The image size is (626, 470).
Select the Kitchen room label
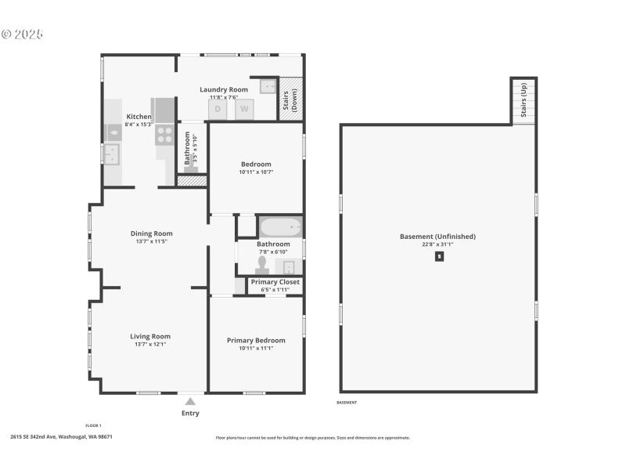pyautogui.click(x=139, y=117)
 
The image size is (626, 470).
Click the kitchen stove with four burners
pyautogui.click(x=164, y=135)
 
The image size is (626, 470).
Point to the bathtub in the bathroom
pyautogui.click(x=280, y=227)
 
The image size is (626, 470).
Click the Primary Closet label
pyautogui.click(x=275, y=282)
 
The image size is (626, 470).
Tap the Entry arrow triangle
pyautogui.click(x=190, y=401)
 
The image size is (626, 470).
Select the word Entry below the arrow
pyautogui.click(x=190, y=413)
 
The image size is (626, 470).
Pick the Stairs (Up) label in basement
pyautogui.click(x=523, y=101)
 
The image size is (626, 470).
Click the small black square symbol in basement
pyautogui.click(x=439, y=256)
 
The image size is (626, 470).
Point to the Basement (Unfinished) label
pyautogui.click(x=437, y=236)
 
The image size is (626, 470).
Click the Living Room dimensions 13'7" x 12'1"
pyautogui.click(x=149, y=344)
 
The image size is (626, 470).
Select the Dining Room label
pyautogui.click(x=151, y=233)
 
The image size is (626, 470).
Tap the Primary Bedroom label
pyautogui.click(x=256, y=340)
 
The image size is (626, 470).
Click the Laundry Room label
pyautogui.click(x=224, y=89)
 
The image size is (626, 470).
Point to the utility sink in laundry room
pyautogui.click(x=268, y=87)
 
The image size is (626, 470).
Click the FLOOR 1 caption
pyautogui.click(x=93, y=425)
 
